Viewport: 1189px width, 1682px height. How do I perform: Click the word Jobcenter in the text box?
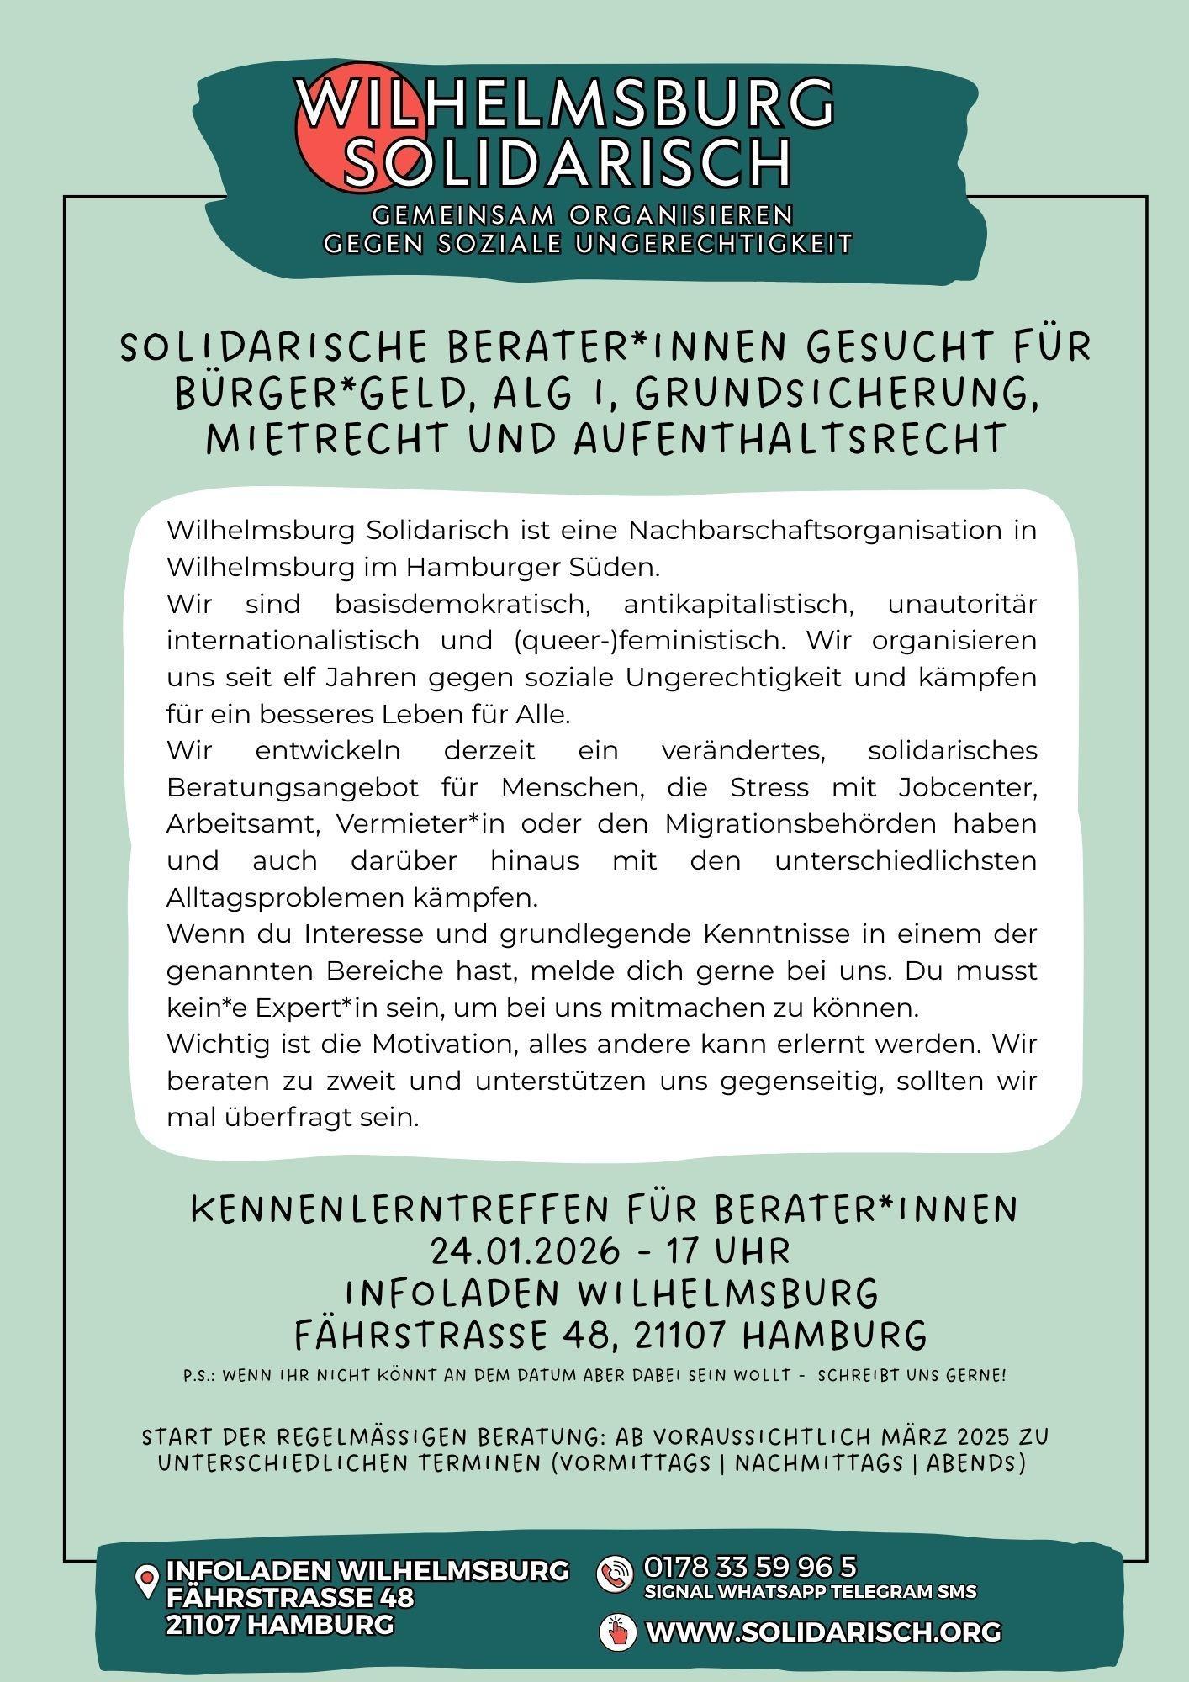coord(967,788)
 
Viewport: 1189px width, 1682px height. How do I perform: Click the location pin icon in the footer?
coord(147,1582)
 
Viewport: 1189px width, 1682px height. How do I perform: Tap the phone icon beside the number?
coord(615,1574)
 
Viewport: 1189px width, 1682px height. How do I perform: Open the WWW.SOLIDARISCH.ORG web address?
coord(823,1632)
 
